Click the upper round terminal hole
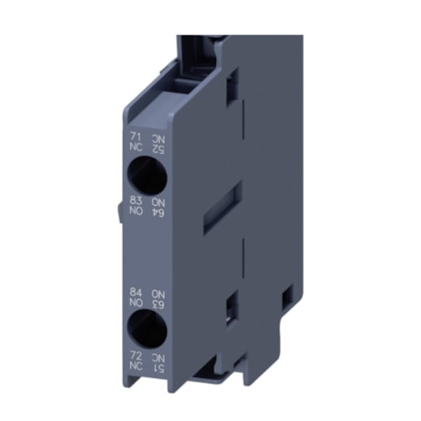point(145,171)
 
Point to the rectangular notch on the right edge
point(286,297)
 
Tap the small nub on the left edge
point(119,211)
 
